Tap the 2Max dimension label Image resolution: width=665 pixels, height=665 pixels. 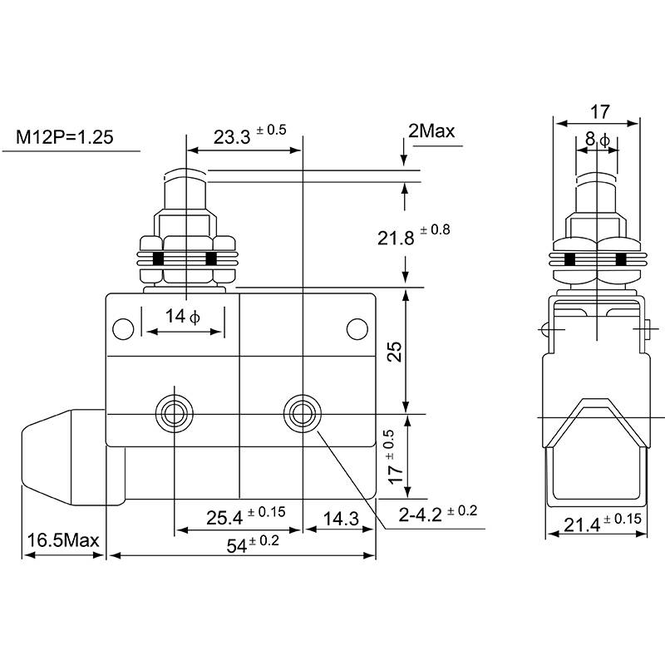pos(431,131)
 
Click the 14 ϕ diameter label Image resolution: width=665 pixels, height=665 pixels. pos(183,316)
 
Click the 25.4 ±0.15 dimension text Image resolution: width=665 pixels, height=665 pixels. pos(245,516)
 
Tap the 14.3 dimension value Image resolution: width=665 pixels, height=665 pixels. pos(339,519)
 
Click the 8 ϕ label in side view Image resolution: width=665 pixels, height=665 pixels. pos(598,140)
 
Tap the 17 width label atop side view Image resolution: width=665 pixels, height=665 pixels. pos(599,111)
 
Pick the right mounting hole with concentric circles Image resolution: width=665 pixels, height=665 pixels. pos(302,411)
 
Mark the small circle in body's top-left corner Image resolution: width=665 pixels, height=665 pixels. pos(123,329)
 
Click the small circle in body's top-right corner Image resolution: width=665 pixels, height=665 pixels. pos(357,329)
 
